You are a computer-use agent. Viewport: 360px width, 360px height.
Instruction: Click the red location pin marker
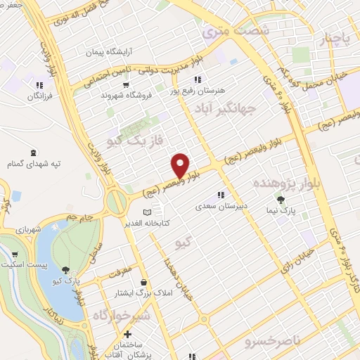point(181,165)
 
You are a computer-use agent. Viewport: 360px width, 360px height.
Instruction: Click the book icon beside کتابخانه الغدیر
point(147,212)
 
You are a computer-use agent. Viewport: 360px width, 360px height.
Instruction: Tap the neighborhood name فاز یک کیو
point(139,141)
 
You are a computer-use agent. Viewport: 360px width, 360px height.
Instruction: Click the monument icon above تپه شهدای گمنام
point(33,153)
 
